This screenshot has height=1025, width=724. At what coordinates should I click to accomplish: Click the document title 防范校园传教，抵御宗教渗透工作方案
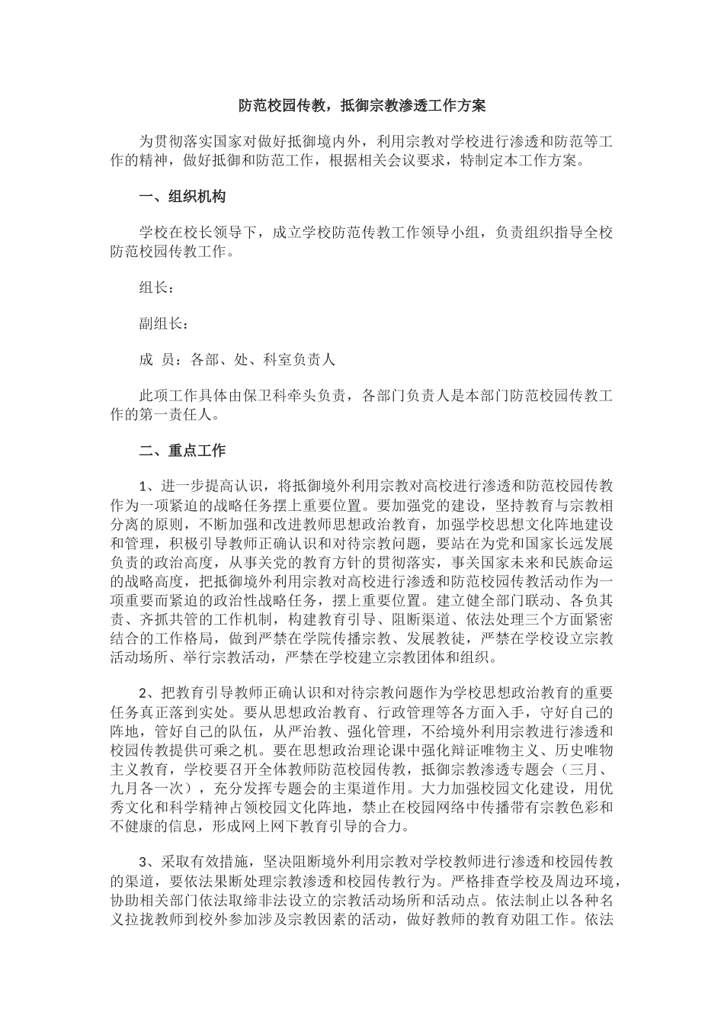tap(362, 105)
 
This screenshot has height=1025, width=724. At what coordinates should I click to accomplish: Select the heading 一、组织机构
tap(182, 196)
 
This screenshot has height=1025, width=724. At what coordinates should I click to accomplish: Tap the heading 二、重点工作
tap(182, 450)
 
